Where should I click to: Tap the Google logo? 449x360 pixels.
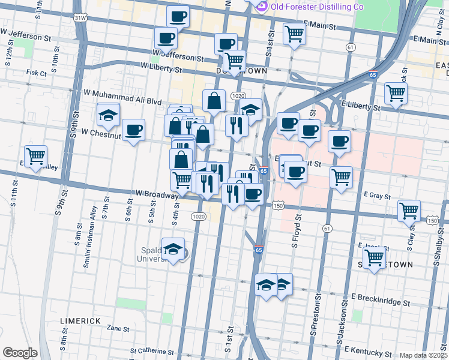[x=20, y=353]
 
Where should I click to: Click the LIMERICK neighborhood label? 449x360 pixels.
[x=80, y=321]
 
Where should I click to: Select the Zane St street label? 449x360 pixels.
[x=118, y=329]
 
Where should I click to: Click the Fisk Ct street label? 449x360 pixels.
[x=36, y=73]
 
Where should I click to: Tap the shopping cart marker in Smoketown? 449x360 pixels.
[x=375, y=258]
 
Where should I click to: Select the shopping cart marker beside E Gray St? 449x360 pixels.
[x=341, y=177]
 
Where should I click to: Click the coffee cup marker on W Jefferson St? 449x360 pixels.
[x=166, y=38]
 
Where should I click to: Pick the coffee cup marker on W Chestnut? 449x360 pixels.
[x=133, y=129]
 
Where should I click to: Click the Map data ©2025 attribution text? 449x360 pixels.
[x=423, y=355]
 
